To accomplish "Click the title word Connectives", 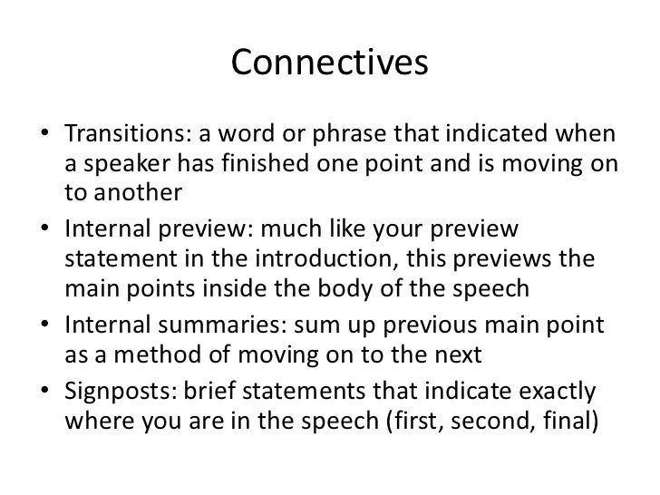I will pyautogui.click(x=329, y=63).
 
